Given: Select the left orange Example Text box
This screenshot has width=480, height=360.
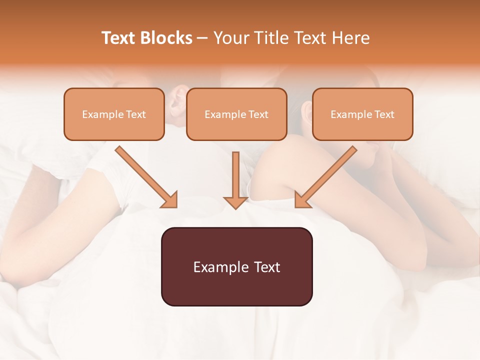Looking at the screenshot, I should point(114,114).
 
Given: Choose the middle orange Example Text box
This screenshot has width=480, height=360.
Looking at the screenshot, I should point(236,114).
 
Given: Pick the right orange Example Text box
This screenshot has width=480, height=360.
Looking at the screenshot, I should point(362,114).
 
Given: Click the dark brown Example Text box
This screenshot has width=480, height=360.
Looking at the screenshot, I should point(236,266).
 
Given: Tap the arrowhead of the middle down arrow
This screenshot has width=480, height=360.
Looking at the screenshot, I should point(235,202).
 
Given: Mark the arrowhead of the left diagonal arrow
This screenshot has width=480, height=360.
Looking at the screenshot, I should point(169,200).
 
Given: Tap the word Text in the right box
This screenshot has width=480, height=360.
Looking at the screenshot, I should point(384,114).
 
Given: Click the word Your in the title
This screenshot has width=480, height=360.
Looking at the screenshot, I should point(230,38).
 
